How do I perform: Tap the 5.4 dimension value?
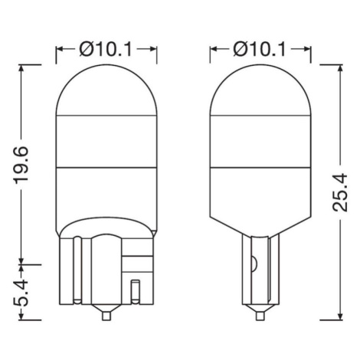21,293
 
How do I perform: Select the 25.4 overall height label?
340,192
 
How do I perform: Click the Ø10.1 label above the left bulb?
106,49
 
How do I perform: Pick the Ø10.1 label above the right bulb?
260,49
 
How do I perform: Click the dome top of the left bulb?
106,65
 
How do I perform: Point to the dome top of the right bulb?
260,65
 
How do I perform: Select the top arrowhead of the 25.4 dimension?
340,69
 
